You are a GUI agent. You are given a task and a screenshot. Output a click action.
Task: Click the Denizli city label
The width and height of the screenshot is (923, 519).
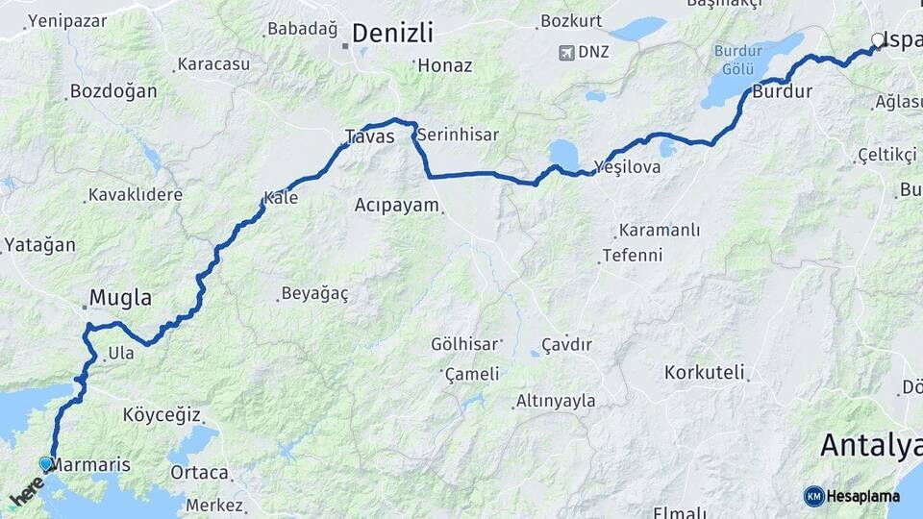pos(392,33)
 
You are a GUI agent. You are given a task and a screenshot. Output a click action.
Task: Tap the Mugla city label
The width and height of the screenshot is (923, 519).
pos(120,298)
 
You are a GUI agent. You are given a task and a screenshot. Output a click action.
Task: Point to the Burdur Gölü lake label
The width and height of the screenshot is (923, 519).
pos(737,59)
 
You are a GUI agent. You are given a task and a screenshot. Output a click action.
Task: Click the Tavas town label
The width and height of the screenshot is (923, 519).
pos(370,137)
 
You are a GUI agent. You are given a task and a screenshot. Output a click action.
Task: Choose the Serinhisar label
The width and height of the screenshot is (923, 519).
pos(458,135)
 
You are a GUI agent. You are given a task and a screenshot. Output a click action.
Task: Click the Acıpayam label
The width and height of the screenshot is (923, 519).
pos(396,205)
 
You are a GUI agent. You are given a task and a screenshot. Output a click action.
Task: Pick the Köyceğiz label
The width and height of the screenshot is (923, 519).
pos(162,415)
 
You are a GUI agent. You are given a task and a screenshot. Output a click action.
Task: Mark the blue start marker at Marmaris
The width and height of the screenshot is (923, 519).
pos(45,463)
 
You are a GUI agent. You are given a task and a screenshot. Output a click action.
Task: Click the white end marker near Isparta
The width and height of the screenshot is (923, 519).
pos(877,40)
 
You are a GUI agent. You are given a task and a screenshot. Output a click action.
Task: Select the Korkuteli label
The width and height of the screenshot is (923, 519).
pos(704,371)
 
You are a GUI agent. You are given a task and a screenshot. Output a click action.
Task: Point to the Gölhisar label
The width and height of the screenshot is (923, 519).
pos(465,343)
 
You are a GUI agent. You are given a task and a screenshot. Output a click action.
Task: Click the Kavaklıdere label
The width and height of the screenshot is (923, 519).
pos(135,195)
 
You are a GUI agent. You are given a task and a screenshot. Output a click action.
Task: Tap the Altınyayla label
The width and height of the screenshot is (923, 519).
pos(556,401)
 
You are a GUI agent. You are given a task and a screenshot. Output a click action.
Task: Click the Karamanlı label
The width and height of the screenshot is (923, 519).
pos(660,231)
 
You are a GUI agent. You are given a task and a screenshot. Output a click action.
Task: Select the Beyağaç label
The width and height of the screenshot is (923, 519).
pos(314,293)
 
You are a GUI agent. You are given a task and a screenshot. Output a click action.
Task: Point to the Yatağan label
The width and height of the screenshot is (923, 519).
pos(39,245)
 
